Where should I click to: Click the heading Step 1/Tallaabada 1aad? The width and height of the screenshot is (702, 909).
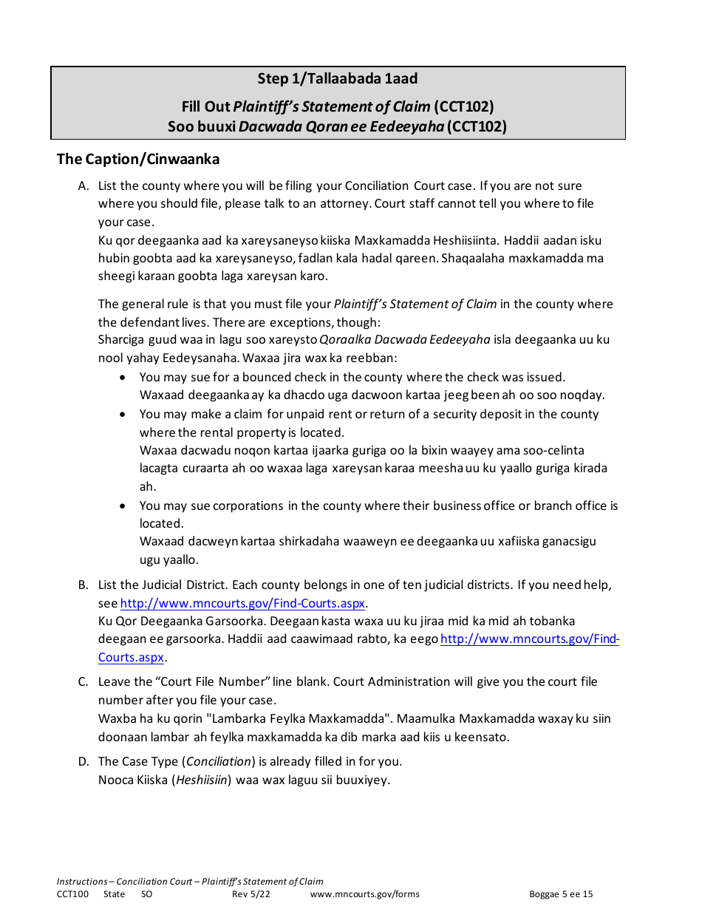338,78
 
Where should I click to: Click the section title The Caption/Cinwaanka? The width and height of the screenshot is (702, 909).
138,159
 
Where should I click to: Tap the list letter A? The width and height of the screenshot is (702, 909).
84,186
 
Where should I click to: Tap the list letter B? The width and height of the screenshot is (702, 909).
84,585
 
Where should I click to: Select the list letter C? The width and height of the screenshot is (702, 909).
84,682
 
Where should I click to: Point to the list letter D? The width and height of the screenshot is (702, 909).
84,762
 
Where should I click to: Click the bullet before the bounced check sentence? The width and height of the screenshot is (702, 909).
123,378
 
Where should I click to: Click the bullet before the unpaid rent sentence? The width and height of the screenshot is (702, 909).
123,415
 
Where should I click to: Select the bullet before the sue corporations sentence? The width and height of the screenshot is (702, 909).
123,506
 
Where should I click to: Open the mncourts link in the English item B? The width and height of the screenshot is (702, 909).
242,603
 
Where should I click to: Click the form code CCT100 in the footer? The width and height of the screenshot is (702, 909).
72,894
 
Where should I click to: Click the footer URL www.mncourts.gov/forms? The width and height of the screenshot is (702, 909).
365,894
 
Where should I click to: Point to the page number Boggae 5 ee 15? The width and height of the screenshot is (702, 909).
561,894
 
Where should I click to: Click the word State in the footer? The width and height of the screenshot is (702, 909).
115,894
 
